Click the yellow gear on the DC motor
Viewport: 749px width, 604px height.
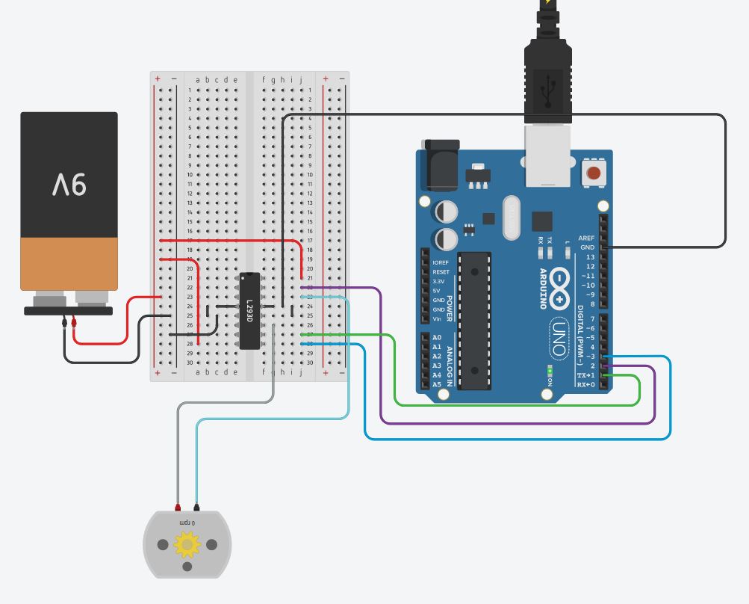187,545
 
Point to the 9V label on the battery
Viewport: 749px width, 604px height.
69,182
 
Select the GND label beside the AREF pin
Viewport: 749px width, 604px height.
588,247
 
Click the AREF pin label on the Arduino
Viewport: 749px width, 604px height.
587,238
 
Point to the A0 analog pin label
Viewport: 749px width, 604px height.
436,338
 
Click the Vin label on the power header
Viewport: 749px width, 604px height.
437,319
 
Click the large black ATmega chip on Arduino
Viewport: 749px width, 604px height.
474,321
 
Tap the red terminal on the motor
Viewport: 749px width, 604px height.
178,506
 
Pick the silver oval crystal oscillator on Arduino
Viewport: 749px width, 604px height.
512,218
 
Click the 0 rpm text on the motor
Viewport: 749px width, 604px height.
187,522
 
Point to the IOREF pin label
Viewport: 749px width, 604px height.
441,263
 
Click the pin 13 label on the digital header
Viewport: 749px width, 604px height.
591,257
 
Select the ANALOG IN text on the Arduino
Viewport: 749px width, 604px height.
450,361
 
